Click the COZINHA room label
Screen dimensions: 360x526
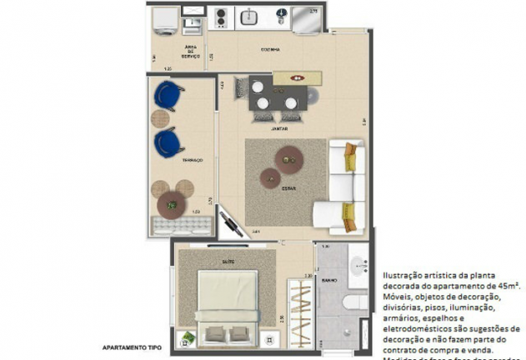[269, 50]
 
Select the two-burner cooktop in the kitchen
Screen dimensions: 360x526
[222, 17]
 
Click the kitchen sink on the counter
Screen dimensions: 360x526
[249, 16]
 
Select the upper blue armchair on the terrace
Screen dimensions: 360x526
[169, 96]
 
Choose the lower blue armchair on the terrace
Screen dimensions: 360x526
[169, 142]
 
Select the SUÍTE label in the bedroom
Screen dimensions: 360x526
[227, 262]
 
